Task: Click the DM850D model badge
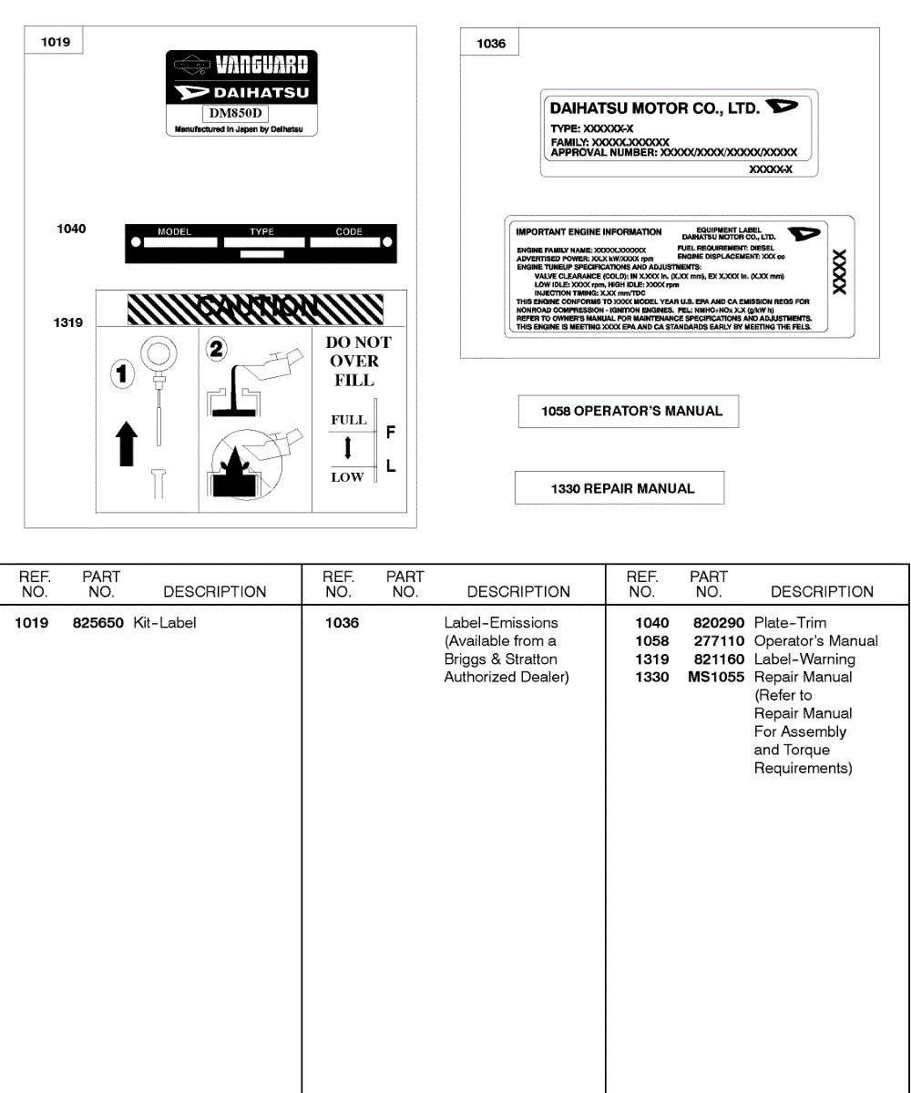[x=234, y=113]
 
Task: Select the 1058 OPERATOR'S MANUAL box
[x=629, y=412]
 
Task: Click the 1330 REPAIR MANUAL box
[x=619, y=488]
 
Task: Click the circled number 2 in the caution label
[x=219, y=349]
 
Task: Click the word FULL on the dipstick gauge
[x=348, y=420]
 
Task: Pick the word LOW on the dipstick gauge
[x=347, y=477]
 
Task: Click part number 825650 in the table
[x=98, y=623]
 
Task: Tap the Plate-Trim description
[x=790, y=623]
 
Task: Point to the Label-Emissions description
[x=500, y=623]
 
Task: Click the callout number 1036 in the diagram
[x=491, y=44]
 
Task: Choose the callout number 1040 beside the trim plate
[x=71, y=229]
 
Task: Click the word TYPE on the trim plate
[x=261, y=232]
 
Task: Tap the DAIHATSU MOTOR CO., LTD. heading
[x=654, y=108]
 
